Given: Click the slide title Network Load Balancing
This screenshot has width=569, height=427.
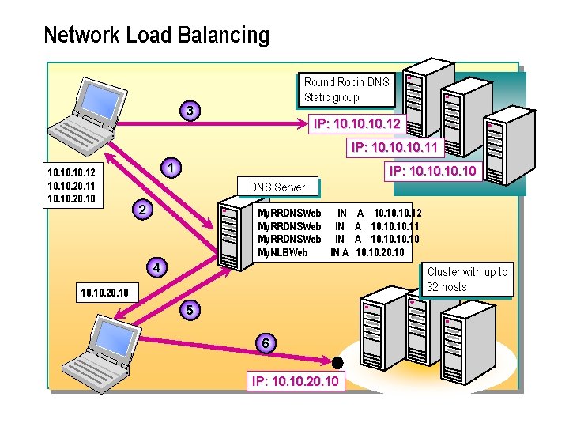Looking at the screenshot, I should [156, 36].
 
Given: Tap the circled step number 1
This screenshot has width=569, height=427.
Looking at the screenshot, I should [170, 168].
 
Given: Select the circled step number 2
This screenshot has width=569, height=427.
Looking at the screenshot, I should [141, 210].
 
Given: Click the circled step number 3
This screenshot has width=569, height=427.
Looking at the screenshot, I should [189, 110].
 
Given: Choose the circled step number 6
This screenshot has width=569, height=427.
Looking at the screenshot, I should [268, 343].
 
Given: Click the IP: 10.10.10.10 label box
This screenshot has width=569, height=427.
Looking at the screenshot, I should [431, 171].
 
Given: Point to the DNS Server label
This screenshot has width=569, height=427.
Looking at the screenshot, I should [277, 187].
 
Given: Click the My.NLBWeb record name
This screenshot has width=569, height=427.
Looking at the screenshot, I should [283, 253].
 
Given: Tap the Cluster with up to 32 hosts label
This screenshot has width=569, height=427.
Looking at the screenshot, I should [468, 279].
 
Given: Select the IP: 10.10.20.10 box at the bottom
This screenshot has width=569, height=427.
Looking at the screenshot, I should [296, 382].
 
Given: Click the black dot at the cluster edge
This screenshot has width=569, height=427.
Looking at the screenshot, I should [337, 363].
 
